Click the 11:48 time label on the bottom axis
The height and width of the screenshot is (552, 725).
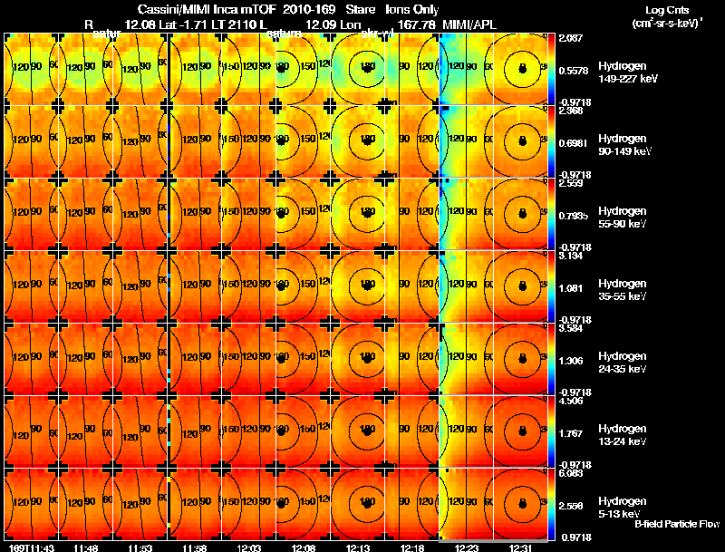(x=86, y=547)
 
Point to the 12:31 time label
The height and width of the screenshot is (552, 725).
(x=520, y=547)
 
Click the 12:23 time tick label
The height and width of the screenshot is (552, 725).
(x=467, y=547)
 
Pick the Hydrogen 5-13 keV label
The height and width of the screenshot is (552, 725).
(x=623, y=506)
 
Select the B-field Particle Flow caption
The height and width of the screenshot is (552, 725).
(x=675, y=524)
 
